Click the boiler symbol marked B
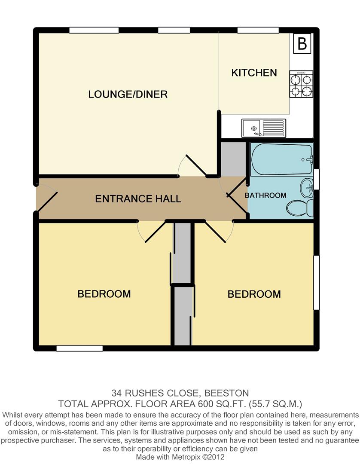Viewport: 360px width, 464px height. (x=302, y=44)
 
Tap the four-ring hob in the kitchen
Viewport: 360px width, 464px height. (x=301, y=85)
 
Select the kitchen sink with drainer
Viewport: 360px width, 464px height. (x=264, y=127)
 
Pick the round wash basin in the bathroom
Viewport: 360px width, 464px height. (x=308, y=186)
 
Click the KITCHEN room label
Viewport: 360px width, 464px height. (x=254, y=73)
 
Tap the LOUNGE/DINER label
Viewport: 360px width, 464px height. (x=128, y=95)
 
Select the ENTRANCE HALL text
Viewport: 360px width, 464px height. (x=138, y=199)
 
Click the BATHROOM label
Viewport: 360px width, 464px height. (x=265, y=195)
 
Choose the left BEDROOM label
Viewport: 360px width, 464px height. (x=104, y=294)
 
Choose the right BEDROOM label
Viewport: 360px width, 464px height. (x=254, y=294)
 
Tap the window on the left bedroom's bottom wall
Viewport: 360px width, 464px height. (x=79, y=348)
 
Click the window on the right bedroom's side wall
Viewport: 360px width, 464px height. (x=316, y=282)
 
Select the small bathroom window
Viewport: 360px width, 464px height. (x=317, y=180)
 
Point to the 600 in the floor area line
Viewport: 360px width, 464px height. (x=206, y=404)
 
